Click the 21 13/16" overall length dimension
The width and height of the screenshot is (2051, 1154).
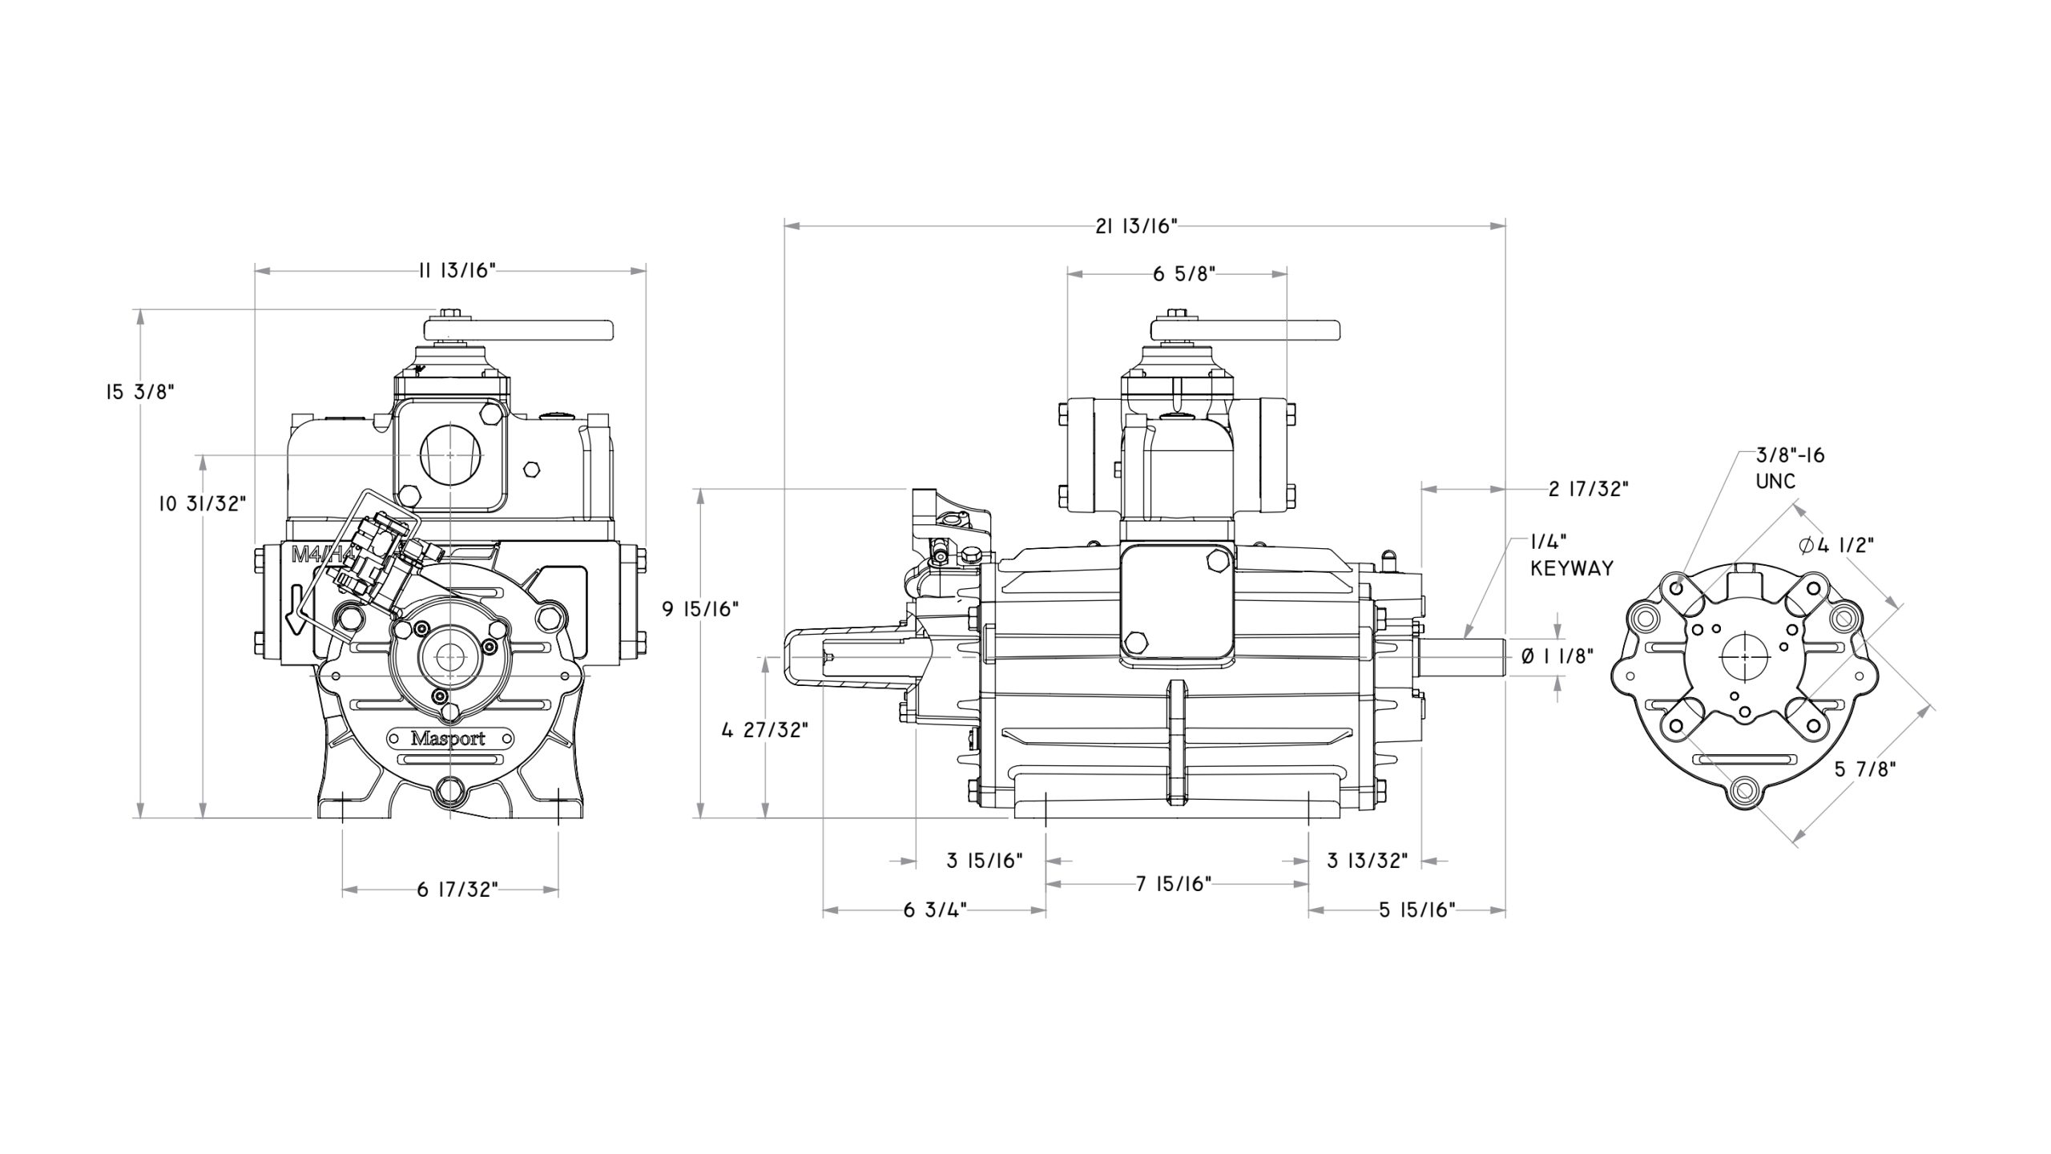1137,227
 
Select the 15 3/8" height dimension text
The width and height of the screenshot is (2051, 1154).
139,392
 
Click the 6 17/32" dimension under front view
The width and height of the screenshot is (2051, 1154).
457,890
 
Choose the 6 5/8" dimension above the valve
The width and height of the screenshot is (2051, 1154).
1184,274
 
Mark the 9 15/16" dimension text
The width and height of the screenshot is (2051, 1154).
699,609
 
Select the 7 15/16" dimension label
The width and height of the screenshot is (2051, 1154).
1173,884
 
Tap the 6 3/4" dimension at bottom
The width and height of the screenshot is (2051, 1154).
934,910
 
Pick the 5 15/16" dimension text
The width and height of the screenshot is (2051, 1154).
1416,910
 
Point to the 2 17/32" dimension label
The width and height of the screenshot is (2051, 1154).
1588,489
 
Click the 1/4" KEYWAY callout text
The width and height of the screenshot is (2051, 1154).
1571,556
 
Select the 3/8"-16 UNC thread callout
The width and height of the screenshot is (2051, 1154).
1790,468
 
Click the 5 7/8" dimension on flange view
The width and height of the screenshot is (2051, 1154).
1865,769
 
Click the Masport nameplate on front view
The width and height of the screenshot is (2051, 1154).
448,738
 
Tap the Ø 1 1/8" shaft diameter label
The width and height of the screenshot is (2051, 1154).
1557,656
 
